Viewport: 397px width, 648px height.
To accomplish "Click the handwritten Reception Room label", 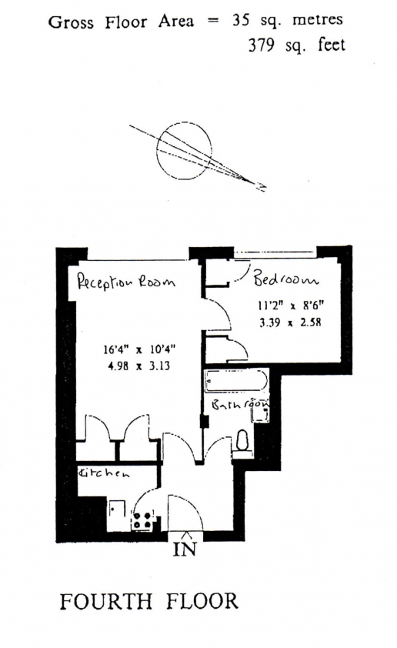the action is (x=126, y=282).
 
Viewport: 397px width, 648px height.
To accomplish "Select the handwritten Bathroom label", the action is (x=240, y=404).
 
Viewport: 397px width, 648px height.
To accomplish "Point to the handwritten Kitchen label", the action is (x=104, y=473).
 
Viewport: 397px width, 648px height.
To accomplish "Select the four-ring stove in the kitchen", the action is (x=142, y=521).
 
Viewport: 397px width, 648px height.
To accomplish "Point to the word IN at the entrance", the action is (x=185, y=549).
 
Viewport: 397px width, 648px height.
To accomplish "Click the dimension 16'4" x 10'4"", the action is (x=139, y=349).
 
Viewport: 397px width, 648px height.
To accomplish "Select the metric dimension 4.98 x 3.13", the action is (x=138, y=366).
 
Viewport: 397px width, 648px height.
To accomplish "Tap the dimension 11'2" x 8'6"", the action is (x=290, y=306).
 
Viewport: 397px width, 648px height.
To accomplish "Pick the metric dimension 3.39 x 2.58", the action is (x=290, y=322).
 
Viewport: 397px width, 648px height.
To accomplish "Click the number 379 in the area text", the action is (x=261, y=45).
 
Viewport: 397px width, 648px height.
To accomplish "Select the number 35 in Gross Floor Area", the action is (x=240, y=20).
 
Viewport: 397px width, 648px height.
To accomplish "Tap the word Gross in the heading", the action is (x=71, y=22).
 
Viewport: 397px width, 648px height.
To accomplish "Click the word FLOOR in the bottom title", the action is (x=202, y=601).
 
